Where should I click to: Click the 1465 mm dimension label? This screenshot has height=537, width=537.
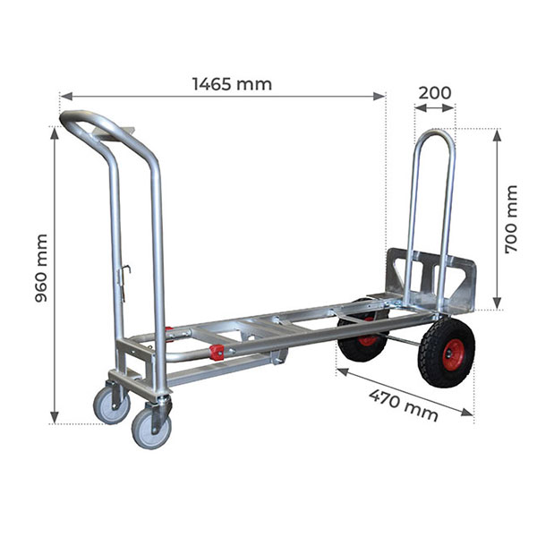coord(232,84)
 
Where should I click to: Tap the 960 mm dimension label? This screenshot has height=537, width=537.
coord(41,268)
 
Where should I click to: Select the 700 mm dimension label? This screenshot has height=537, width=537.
coord(511,219)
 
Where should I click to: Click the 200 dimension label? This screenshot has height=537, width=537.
coord(435,91)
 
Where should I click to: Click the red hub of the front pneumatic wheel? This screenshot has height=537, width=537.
coord(454,352)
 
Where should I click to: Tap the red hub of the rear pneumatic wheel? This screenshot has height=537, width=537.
coord(368,338)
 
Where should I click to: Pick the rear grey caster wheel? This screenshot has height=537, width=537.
coord(111,405)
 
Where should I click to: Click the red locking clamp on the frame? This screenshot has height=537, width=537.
coord(215,352)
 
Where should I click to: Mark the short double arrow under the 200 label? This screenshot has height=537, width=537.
coord(435,107)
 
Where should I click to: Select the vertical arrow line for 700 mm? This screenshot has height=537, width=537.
coord(497,219)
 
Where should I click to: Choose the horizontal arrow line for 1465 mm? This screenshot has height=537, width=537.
coord(223,95)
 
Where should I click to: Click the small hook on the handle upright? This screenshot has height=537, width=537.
coord(127,268)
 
